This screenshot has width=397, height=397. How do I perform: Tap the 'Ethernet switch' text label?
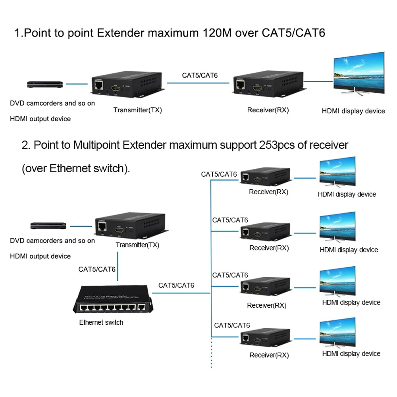tap(101, 322)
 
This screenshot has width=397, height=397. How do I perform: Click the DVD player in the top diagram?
tap(45, 84)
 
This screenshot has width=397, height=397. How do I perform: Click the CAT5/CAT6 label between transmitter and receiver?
tap(200, 75)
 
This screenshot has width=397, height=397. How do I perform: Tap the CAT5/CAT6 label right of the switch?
tap(176, 285)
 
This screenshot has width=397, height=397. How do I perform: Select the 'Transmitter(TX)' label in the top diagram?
tap(138, 110)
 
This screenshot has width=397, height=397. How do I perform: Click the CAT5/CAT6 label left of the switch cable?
tap(97, 269)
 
